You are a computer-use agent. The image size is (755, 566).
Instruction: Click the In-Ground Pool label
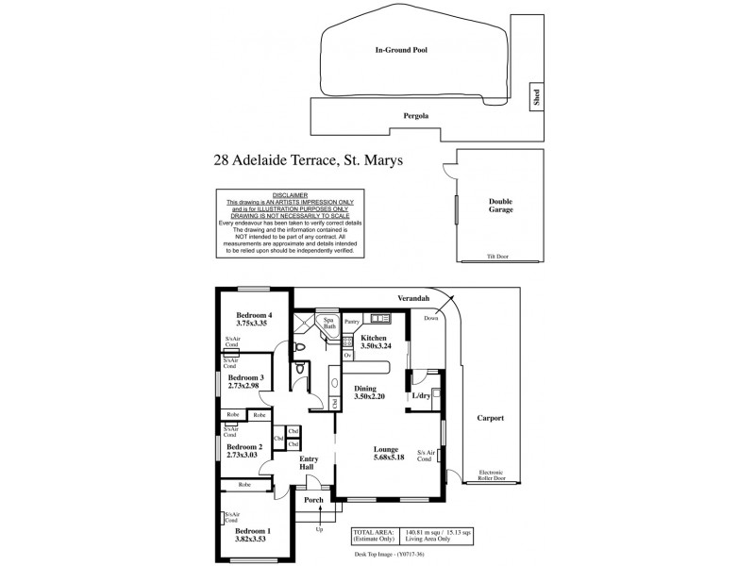click(401, 50)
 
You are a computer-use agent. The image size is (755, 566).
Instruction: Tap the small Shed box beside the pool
click(536, 96)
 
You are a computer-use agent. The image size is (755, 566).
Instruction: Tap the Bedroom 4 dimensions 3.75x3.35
click(254, 325)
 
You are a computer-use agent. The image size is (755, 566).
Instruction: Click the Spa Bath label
click(329, 324)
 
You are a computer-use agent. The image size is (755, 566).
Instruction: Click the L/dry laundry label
click(422, 396)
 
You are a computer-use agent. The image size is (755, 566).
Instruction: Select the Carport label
click(491, 418)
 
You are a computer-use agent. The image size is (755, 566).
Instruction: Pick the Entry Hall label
click(308, 464)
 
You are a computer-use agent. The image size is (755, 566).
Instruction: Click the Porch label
click(312, 500)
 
